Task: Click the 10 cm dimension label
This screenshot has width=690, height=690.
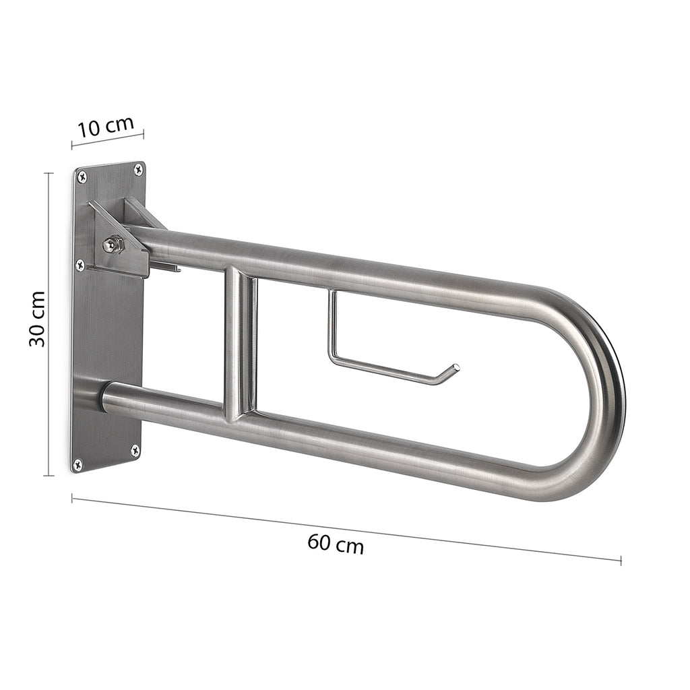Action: tap(106, 127)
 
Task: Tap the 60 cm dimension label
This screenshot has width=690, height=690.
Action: tap(336, 543)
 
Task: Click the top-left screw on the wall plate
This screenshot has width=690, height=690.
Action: tap(82, 177)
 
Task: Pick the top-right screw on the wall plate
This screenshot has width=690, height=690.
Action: tap(138, 169)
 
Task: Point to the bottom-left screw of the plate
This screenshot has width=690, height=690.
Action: tap(77, 464)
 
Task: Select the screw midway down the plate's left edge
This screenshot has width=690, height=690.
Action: tap(80, 265)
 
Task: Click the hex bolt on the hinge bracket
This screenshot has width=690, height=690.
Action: tap(113, 244)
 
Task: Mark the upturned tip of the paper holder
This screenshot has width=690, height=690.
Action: tap(456, 368)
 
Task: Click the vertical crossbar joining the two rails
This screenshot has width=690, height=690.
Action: tap(241, 344)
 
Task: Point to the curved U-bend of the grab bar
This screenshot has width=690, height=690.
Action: tap(603, 398)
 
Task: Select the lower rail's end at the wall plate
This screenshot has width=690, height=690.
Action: tap(106, 396)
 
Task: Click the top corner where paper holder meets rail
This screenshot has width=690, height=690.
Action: tap(332, 292)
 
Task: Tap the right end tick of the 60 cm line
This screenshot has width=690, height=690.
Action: tap(621, 559)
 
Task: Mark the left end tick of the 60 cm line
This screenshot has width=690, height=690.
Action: tap(72, 499)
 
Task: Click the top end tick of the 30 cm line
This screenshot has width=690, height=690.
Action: tap(49, 173)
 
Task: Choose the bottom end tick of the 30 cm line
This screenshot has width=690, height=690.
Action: tap(49, 475)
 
